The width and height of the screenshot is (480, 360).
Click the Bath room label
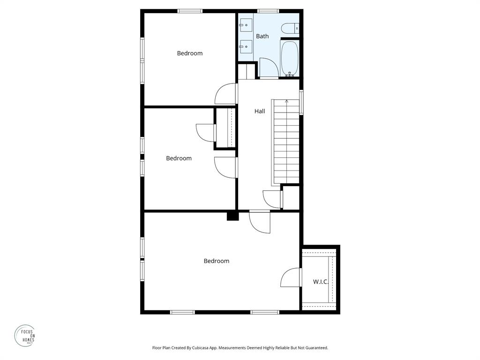262,36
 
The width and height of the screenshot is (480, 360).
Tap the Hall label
260,111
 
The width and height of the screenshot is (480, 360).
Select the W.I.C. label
321,282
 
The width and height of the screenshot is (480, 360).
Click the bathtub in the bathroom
289,58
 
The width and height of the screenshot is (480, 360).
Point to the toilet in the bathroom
290,29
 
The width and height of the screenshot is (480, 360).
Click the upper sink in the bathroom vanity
246,25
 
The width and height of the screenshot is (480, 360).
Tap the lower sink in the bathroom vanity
246,46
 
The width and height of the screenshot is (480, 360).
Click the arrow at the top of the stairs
286,101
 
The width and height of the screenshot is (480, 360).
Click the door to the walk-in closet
291,277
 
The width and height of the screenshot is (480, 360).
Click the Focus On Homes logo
24,336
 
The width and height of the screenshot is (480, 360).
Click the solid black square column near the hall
232,216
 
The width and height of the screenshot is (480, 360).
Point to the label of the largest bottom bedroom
216,261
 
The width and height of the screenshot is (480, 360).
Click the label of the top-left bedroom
190,53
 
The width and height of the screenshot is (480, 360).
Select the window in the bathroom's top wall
268,11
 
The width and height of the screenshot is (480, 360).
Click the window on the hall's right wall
301,102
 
